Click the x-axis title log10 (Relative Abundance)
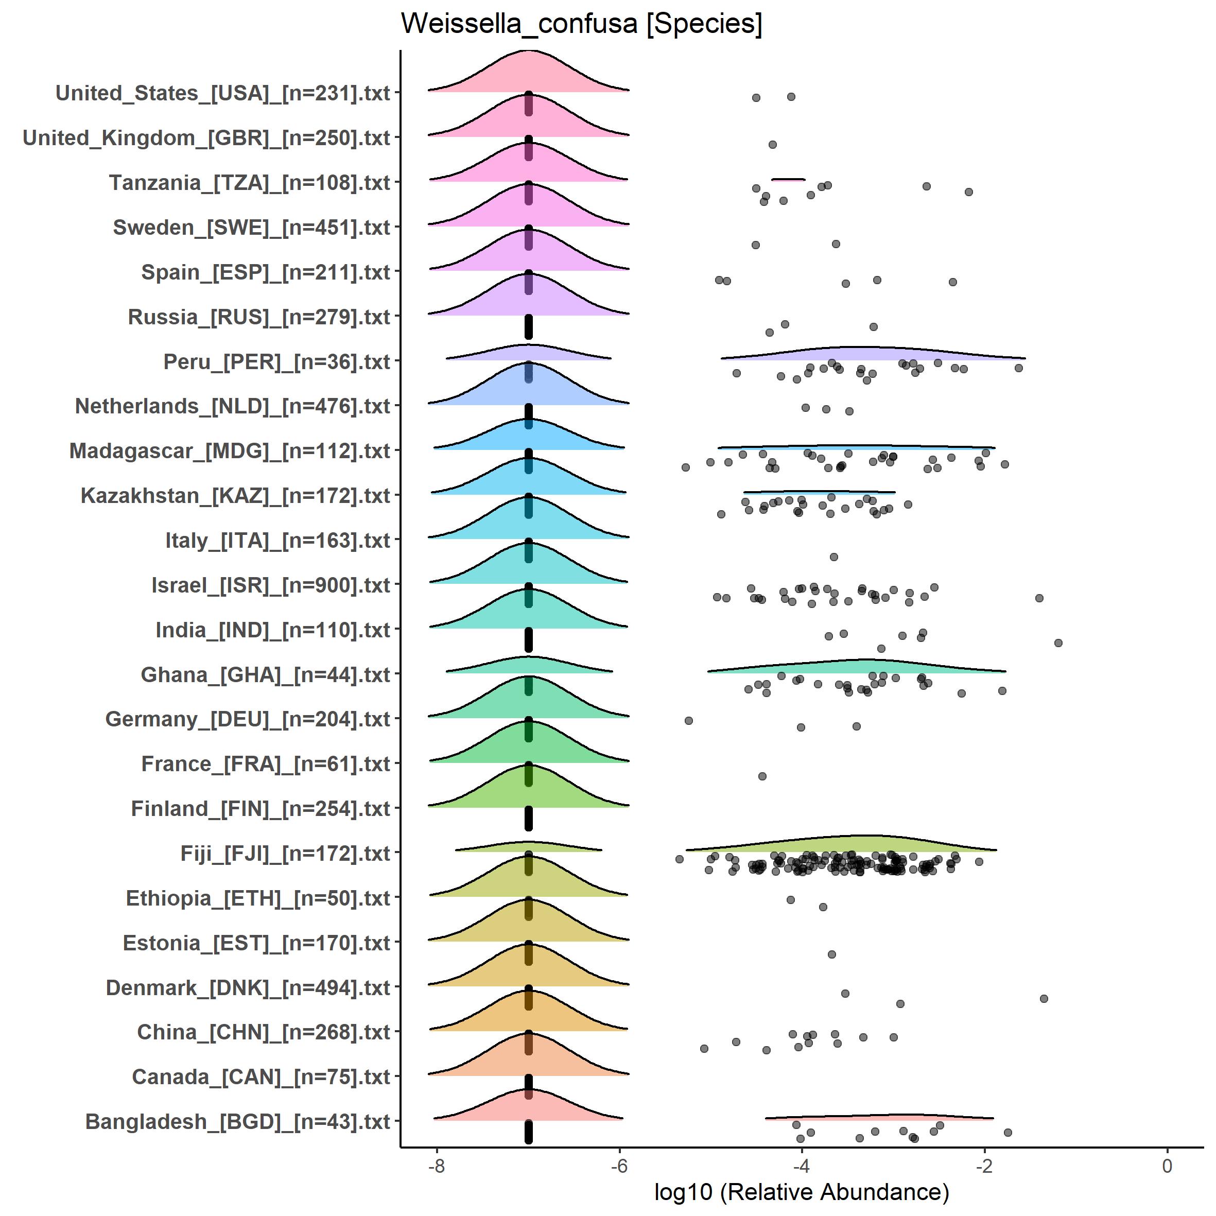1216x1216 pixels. point(801,1191)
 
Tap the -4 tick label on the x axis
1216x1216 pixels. point(801,1166)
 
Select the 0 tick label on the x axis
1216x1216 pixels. point(1167,1166)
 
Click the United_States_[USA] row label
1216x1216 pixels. point(223,93)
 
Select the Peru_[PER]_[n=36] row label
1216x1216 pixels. point(277,362)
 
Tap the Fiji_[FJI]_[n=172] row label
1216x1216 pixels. point(285,854)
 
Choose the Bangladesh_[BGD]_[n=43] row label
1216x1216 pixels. point(237,1122)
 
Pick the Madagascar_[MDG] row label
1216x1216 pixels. point(230,451)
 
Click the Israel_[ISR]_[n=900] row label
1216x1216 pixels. point(271,585)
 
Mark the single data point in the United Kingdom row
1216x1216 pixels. point(772,145)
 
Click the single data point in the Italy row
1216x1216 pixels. point(833,557)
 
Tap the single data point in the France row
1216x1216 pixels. point(762,776)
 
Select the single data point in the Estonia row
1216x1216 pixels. point(831,954)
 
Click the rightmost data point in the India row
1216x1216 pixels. point(1058,642)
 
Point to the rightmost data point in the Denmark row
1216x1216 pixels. point(1044,998)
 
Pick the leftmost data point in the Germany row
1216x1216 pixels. point(688,720)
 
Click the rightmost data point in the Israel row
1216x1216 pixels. point(1039,598)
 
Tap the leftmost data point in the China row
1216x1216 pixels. point(704,1049)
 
